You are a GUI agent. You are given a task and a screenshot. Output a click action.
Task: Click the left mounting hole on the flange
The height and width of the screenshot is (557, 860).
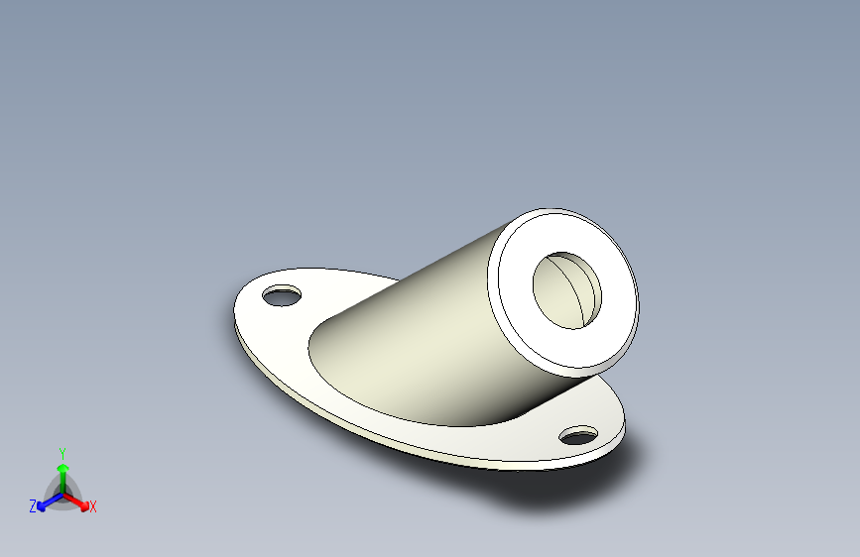282,295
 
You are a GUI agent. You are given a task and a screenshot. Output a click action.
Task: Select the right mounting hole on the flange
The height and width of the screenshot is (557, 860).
578,435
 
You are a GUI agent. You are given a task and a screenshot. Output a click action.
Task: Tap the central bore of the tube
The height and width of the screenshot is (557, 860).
567,290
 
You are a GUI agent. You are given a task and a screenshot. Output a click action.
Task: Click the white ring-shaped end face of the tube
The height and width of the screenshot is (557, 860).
517,290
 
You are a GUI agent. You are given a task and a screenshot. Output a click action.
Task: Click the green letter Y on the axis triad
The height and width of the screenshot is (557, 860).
62,453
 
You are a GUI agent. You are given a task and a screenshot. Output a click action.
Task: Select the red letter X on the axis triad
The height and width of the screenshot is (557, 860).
92,506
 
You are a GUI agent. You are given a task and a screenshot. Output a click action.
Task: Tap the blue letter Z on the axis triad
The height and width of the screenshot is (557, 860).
33,506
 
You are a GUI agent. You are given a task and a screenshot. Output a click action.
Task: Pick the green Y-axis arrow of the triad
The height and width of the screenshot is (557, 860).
63,480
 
